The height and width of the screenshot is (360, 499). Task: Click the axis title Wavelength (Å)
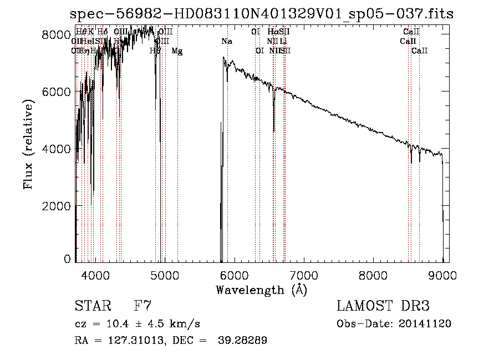(261, 290)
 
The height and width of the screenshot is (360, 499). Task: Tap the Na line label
(226, 42)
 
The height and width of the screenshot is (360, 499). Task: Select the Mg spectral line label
(177, 51)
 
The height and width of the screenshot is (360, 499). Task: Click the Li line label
(283, 42)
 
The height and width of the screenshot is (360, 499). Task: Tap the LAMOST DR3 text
(383, 306)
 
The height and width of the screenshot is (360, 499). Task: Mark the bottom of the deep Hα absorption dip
(274, 131)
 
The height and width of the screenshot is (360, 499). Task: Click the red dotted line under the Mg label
(177, 166)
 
